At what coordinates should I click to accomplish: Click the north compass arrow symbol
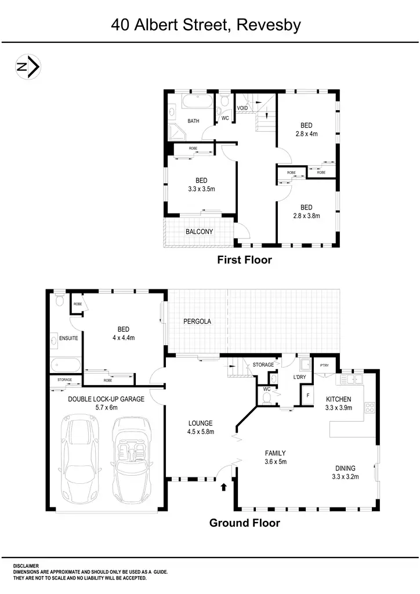27,68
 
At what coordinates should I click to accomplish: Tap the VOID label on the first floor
242,108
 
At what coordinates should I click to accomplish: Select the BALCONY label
199,232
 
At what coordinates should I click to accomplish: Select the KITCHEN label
339,399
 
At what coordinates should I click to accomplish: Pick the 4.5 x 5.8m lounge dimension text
201,432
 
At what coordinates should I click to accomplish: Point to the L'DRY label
300,377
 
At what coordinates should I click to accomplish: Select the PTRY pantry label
324,365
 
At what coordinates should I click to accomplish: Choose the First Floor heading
244,260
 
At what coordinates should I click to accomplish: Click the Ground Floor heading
244,523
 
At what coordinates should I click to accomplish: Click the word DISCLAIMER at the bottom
26,566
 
